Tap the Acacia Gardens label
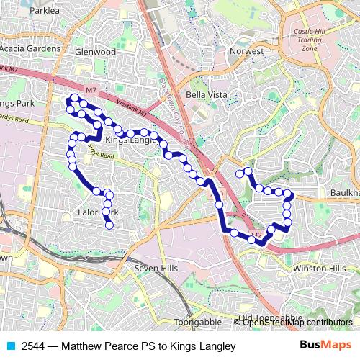pyautogui.click(x=30, y=48)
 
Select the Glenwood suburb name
pyautogui.click(x=96, y=52)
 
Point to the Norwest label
pyautogui.click(x=247, y=51)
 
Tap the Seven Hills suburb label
pyautogui.click(x=156, y=268)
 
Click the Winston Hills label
pyautogui.click(x=319, y=269)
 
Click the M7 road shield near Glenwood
pyautogui.click(x=91, y=89)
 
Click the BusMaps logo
pyautogui.click(x=324, y=346)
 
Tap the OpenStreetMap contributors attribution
pyautogui.click(x=297, y=323)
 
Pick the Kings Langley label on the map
pyautogui.click(x=130, y=140)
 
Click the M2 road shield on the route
pyautogui.click(x=257, y=235)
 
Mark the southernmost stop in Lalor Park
pyautogui.click(x=109, y=225)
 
